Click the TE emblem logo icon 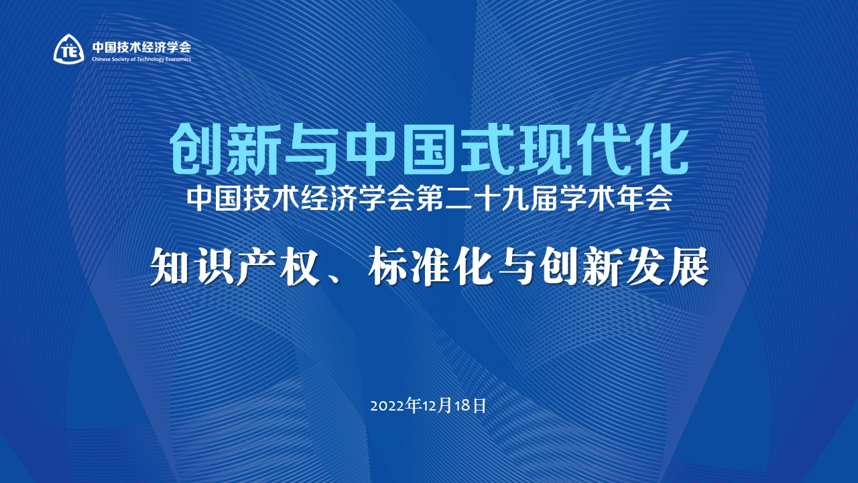click(68, 49)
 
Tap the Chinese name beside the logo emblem click(141, 47)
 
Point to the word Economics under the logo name click(176, 59)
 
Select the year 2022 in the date click(387, 406)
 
